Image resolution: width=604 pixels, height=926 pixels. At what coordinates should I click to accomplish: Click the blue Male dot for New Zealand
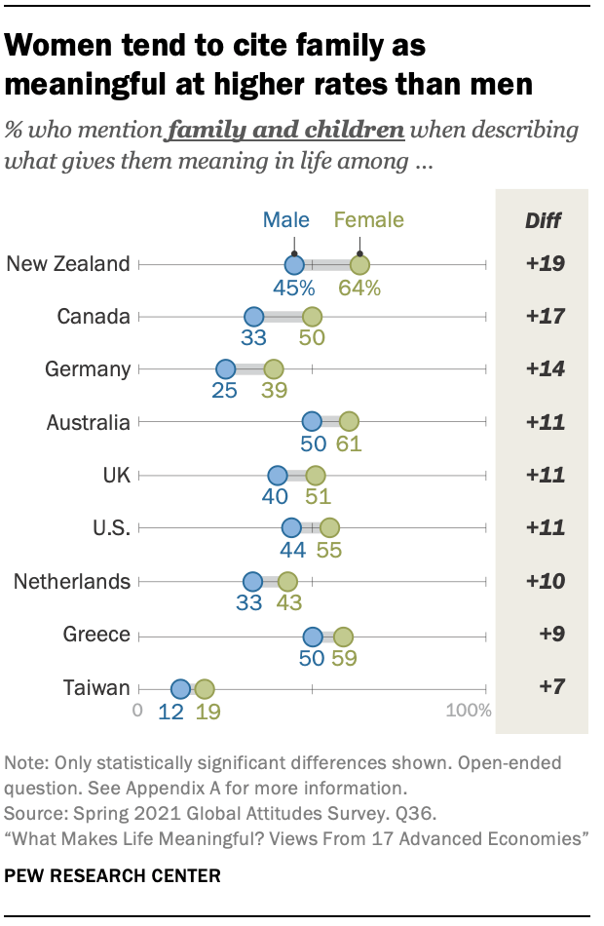coord(294,264)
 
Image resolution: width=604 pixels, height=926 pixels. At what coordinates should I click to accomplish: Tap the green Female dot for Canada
coord(312,317)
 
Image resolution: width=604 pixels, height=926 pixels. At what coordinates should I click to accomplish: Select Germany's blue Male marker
coord(225,369)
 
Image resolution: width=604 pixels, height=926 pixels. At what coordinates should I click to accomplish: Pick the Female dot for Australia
coord(349,422)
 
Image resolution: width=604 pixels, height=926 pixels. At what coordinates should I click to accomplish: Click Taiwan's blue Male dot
coord(180,689)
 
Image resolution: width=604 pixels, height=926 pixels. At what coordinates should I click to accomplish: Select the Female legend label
coord(369,220)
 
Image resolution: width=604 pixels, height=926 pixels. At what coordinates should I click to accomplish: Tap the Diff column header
coord(543,220)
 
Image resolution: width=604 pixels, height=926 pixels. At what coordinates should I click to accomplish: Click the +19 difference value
coord(543,264)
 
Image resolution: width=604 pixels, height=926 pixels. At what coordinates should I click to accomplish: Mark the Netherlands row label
coord(72,582)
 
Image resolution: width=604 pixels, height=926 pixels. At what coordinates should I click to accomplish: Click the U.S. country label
coord(106,528)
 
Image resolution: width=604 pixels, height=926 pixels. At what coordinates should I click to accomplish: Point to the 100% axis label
coord(469,711)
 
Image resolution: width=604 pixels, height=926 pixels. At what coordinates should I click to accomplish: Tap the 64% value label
coord(359,288)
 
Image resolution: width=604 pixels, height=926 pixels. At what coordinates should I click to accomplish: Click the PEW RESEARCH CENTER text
coord(113,875)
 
